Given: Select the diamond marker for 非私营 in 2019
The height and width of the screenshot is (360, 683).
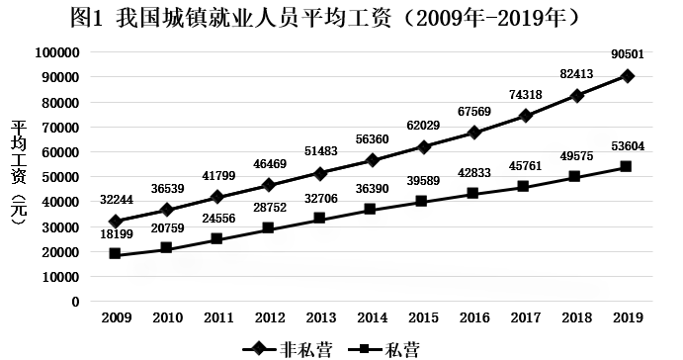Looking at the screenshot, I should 627,76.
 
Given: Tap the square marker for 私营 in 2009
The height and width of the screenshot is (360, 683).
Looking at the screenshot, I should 117,254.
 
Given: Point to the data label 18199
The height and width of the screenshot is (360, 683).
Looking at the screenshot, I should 117,235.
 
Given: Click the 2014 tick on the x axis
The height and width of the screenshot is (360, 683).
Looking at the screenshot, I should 372,316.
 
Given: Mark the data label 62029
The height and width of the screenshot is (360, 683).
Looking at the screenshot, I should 423,123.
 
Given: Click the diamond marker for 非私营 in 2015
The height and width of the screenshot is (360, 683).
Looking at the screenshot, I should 423,146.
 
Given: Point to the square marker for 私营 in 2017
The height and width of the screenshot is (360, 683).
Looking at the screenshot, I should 525,186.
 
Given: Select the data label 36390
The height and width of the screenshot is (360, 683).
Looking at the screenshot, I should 372,188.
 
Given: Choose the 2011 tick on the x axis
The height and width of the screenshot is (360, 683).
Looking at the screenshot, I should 218,316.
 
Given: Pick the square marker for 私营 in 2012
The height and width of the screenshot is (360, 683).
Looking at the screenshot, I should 270,228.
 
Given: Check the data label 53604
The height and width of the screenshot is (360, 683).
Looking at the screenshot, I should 627,146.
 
